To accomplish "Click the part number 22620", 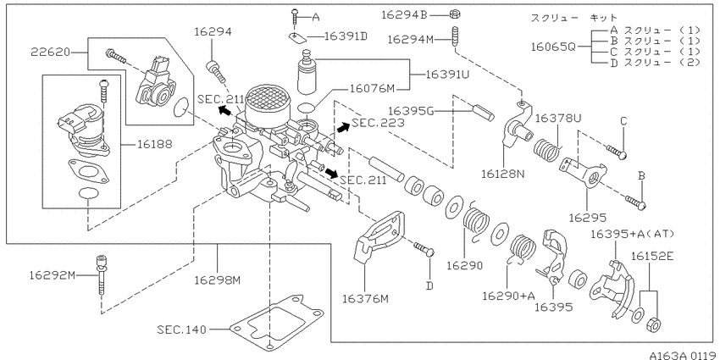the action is pos(51,52).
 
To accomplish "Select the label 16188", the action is pos(155,144).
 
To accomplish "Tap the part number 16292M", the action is pos(52,275).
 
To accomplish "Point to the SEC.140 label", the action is pos(181,330).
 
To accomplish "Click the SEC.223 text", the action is pos(378,123).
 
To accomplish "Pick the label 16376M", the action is pos(365,299).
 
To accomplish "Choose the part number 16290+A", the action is pos(508,296).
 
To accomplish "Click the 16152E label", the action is pos(652,256).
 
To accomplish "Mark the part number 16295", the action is pos(588,218).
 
